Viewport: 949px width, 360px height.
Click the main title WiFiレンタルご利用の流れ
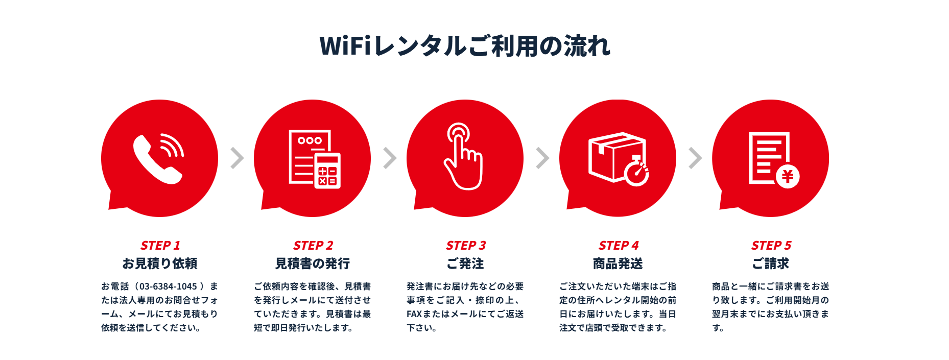point(465,45)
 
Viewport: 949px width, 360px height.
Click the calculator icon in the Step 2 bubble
point(327,171)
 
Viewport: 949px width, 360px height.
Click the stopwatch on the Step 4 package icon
point(636,172)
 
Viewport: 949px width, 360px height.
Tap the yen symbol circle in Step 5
point(788,177)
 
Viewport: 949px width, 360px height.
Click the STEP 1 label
point(160,246)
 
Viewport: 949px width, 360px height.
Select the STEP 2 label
point(313,246)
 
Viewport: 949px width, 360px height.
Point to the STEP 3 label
point(466,246)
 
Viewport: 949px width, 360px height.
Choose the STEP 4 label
point(619,246)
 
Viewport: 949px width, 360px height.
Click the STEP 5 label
point(771,246)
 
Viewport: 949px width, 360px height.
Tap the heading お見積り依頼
point(160,263)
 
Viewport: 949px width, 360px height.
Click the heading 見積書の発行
point(313,263)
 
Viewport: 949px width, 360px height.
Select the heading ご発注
point(465,263)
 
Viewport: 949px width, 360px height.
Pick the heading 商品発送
point(618,263)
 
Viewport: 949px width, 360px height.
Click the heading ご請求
point(771,263)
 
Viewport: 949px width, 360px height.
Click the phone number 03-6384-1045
point(168,286)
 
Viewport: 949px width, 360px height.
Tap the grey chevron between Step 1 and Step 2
point(237,158)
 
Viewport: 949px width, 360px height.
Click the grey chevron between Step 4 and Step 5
point(695,158)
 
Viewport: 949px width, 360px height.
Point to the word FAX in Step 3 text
point(414,314)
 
